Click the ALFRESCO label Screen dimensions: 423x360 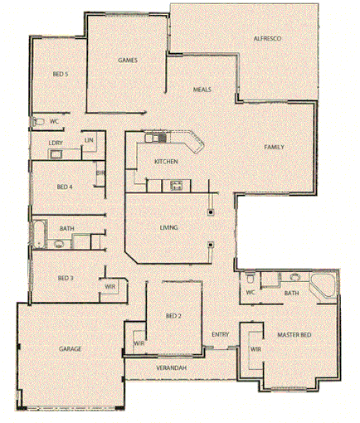click(270, 39)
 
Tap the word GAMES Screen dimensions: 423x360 click(127, 61)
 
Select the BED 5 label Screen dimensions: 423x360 click(60, 75)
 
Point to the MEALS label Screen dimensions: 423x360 click(202, 89)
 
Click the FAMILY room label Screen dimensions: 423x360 click(275, 147)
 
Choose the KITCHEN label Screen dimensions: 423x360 click(166, 161)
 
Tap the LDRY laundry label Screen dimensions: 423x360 click(56, 143)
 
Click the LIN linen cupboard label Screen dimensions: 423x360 click(88, 141)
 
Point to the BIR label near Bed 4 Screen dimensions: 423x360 click(99, 173)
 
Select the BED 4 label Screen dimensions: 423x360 click(65, 187)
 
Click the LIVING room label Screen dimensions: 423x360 click(170, 226)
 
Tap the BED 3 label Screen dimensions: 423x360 click(66, 278)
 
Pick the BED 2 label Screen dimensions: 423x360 click(173, 316)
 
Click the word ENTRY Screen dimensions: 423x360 click(220, 334)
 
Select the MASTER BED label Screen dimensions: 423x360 click(294, 334)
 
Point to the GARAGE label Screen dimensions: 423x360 click(70, 349)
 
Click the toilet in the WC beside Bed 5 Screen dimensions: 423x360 click(38, 122)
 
